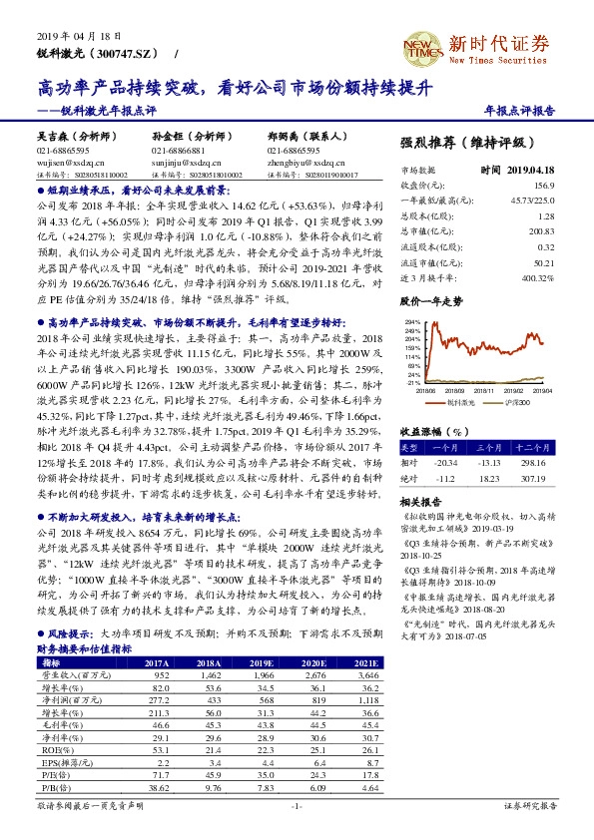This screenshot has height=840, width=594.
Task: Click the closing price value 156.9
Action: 548,186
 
